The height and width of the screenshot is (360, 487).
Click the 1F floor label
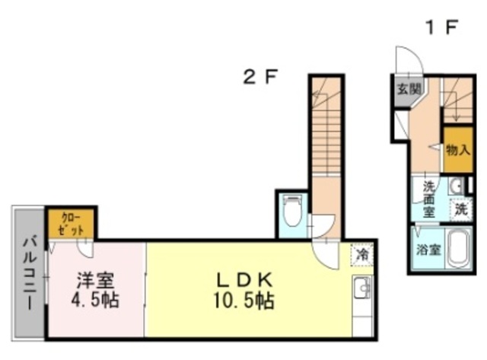point(441,28)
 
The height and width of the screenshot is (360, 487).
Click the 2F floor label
point(259,77)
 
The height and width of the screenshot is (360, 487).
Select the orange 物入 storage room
point(457,147)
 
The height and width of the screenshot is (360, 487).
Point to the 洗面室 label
point(429,198)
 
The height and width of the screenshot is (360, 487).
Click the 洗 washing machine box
point(461,208)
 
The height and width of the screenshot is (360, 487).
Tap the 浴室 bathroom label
point(426,250)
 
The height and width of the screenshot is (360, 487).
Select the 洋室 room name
point(88,279)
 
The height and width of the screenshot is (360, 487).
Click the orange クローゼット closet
point(70,224)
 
